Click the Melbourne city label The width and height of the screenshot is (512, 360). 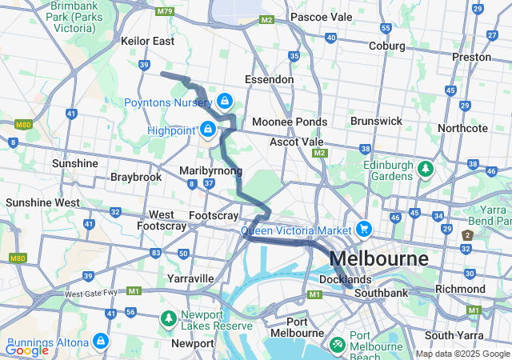click(x=378, y=259)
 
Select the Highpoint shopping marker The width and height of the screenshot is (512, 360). click(x=208, y=128)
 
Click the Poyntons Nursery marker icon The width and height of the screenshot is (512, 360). click(x=225, y=101)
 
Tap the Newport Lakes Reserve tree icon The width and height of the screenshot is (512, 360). click(x=168, y=319)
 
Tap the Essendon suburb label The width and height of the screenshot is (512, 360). click(x=270, y=80)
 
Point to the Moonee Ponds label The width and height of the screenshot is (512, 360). click(x=289, y=122)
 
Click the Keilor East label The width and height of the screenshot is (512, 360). click(x=147, y=41)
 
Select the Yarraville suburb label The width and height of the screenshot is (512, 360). click(x=190, y=278)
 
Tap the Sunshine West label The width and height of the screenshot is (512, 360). click(x=42, y=202)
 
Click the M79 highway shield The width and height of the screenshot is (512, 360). click(x=166, y=11)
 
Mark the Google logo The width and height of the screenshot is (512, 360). click(x=26, y=350)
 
